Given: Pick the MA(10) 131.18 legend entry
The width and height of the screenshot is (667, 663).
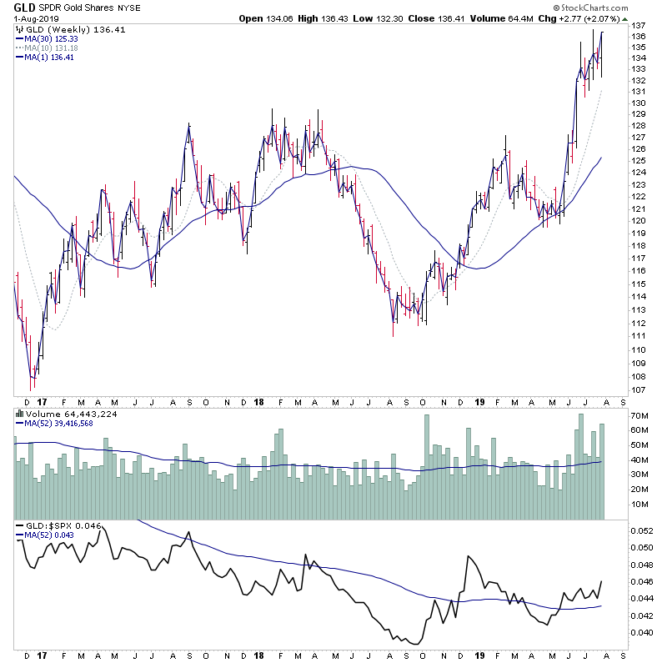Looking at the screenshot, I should point(52,48).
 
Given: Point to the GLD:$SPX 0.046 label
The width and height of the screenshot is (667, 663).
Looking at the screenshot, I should point(52,526).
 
